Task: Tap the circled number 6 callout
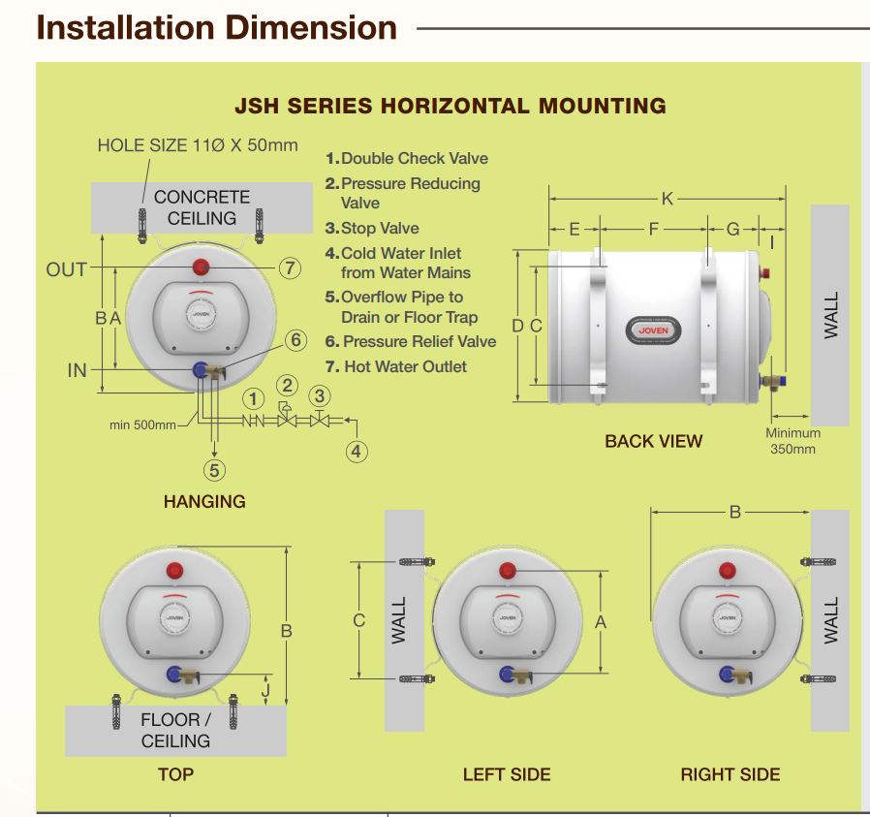[x=296, y=340]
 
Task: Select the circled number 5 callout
[x=214, y=470]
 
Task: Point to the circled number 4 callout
[x=357, y=451]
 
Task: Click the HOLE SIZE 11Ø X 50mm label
[x=198, y=145]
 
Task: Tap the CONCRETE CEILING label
[x=202, y=207]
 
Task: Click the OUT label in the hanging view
[x=66, y=269]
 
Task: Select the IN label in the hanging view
[x=77, y=369]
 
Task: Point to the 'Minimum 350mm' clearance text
[x=792, y=441]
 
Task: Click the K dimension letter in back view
[x=668, y=199]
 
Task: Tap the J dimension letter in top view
[x=266, y=691]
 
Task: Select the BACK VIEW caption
[x=653, y=441]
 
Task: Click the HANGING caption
[x=204, y=501]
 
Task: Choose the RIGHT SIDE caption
[x=730, y=774]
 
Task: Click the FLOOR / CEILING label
[x=175, y=730]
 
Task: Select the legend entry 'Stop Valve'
[x=379, y=228]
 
